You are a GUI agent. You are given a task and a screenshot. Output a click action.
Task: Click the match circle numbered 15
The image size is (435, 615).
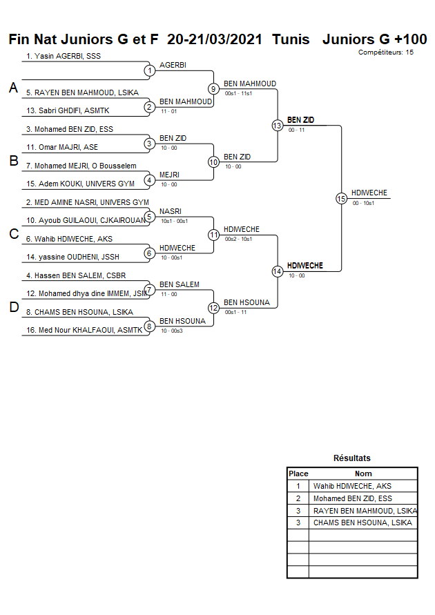point(341,198)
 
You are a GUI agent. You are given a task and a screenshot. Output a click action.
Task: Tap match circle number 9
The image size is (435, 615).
point(213,88)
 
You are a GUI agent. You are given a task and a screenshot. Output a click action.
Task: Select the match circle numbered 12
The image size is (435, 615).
point(213,307)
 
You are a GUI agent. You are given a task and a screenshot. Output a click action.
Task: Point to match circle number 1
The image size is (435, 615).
point(149,70)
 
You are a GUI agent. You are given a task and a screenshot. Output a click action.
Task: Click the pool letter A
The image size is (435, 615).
point(13,88)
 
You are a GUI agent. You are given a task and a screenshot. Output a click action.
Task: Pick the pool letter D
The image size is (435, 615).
point(13,308)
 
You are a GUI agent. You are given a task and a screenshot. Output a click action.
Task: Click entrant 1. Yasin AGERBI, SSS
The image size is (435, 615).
point(64,56)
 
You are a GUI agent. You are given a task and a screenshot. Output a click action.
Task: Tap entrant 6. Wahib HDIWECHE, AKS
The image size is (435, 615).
point(69,239)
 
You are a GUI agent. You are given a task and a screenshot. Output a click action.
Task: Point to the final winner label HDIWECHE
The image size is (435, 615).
point(369,193)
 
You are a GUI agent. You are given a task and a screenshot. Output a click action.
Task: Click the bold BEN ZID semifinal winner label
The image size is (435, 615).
point(301,120)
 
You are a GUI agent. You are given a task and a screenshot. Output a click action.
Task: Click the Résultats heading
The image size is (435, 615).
point(352,458)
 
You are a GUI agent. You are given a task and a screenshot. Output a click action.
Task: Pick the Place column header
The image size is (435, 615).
point(298,474)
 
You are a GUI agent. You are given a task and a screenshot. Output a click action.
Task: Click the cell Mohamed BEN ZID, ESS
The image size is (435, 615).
point(352,498)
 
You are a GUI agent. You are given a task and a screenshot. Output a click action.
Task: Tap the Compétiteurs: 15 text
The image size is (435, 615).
point(386,52)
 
